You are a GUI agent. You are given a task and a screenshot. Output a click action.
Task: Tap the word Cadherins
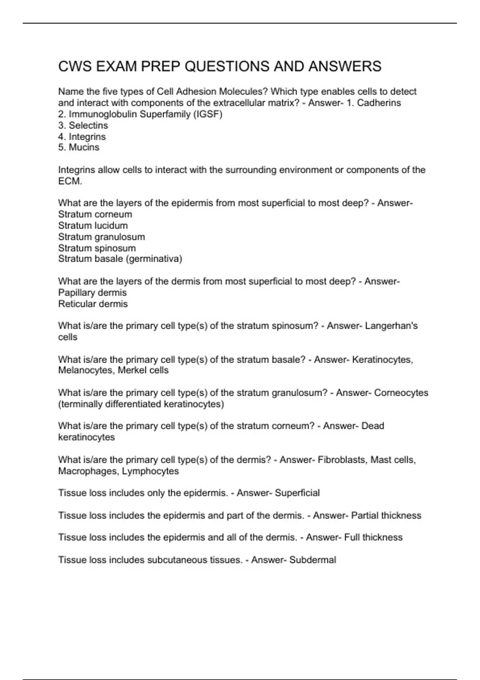[x=379, y=103]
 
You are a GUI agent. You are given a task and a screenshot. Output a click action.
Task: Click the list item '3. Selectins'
[x=83, y=125]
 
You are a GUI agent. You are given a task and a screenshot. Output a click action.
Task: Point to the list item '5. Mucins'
[x=78, y=147]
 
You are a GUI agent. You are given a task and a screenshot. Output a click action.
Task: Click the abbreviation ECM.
[x=70, y=181]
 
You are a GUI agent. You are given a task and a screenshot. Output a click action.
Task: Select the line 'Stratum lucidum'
[x=93, y=226]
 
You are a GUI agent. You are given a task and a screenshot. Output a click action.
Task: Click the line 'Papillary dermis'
[x=92, y=292]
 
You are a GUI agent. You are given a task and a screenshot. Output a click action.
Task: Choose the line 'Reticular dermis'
[x=93, y=304]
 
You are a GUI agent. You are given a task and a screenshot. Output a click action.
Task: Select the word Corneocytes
[x=401, y=393]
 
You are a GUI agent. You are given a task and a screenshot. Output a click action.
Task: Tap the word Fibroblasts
[x=342, y=460]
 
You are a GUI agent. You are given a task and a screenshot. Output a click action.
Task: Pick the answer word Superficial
[x=297, y=493]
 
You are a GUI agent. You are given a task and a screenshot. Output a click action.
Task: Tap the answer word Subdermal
[x=312, y=560]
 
